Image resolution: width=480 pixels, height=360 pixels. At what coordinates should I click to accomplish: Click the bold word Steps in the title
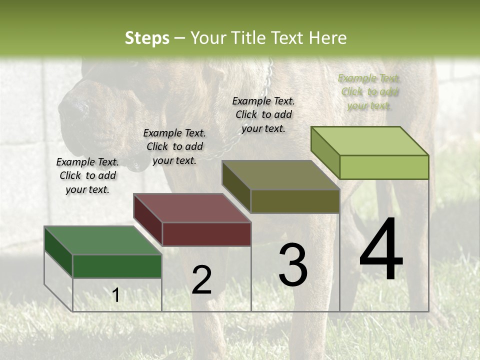147,38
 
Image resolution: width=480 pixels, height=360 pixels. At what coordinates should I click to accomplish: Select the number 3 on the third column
293,265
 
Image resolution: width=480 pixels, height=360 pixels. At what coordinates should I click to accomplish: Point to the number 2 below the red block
201,280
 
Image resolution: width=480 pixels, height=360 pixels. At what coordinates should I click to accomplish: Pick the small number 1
115,295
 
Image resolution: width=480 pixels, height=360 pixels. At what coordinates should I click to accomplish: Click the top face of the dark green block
102,240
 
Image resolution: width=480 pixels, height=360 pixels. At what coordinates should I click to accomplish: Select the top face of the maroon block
191,208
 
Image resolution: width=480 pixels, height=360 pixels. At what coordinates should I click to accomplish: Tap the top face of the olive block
280,175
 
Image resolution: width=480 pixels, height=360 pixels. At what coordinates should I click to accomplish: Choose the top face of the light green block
369,141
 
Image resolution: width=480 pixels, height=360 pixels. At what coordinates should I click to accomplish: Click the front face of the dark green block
117,266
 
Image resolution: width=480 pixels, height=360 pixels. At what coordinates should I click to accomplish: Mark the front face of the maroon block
206,234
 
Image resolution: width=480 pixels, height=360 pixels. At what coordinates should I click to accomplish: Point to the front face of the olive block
295,201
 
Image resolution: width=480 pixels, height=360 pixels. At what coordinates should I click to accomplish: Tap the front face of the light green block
384,167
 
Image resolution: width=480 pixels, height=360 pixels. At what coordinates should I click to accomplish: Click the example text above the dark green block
87,175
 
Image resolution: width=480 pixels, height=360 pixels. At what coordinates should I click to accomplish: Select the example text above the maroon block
174,146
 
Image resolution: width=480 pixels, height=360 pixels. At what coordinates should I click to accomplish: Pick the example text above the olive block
263,114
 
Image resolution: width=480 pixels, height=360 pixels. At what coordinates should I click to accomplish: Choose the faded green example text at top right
369,91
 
